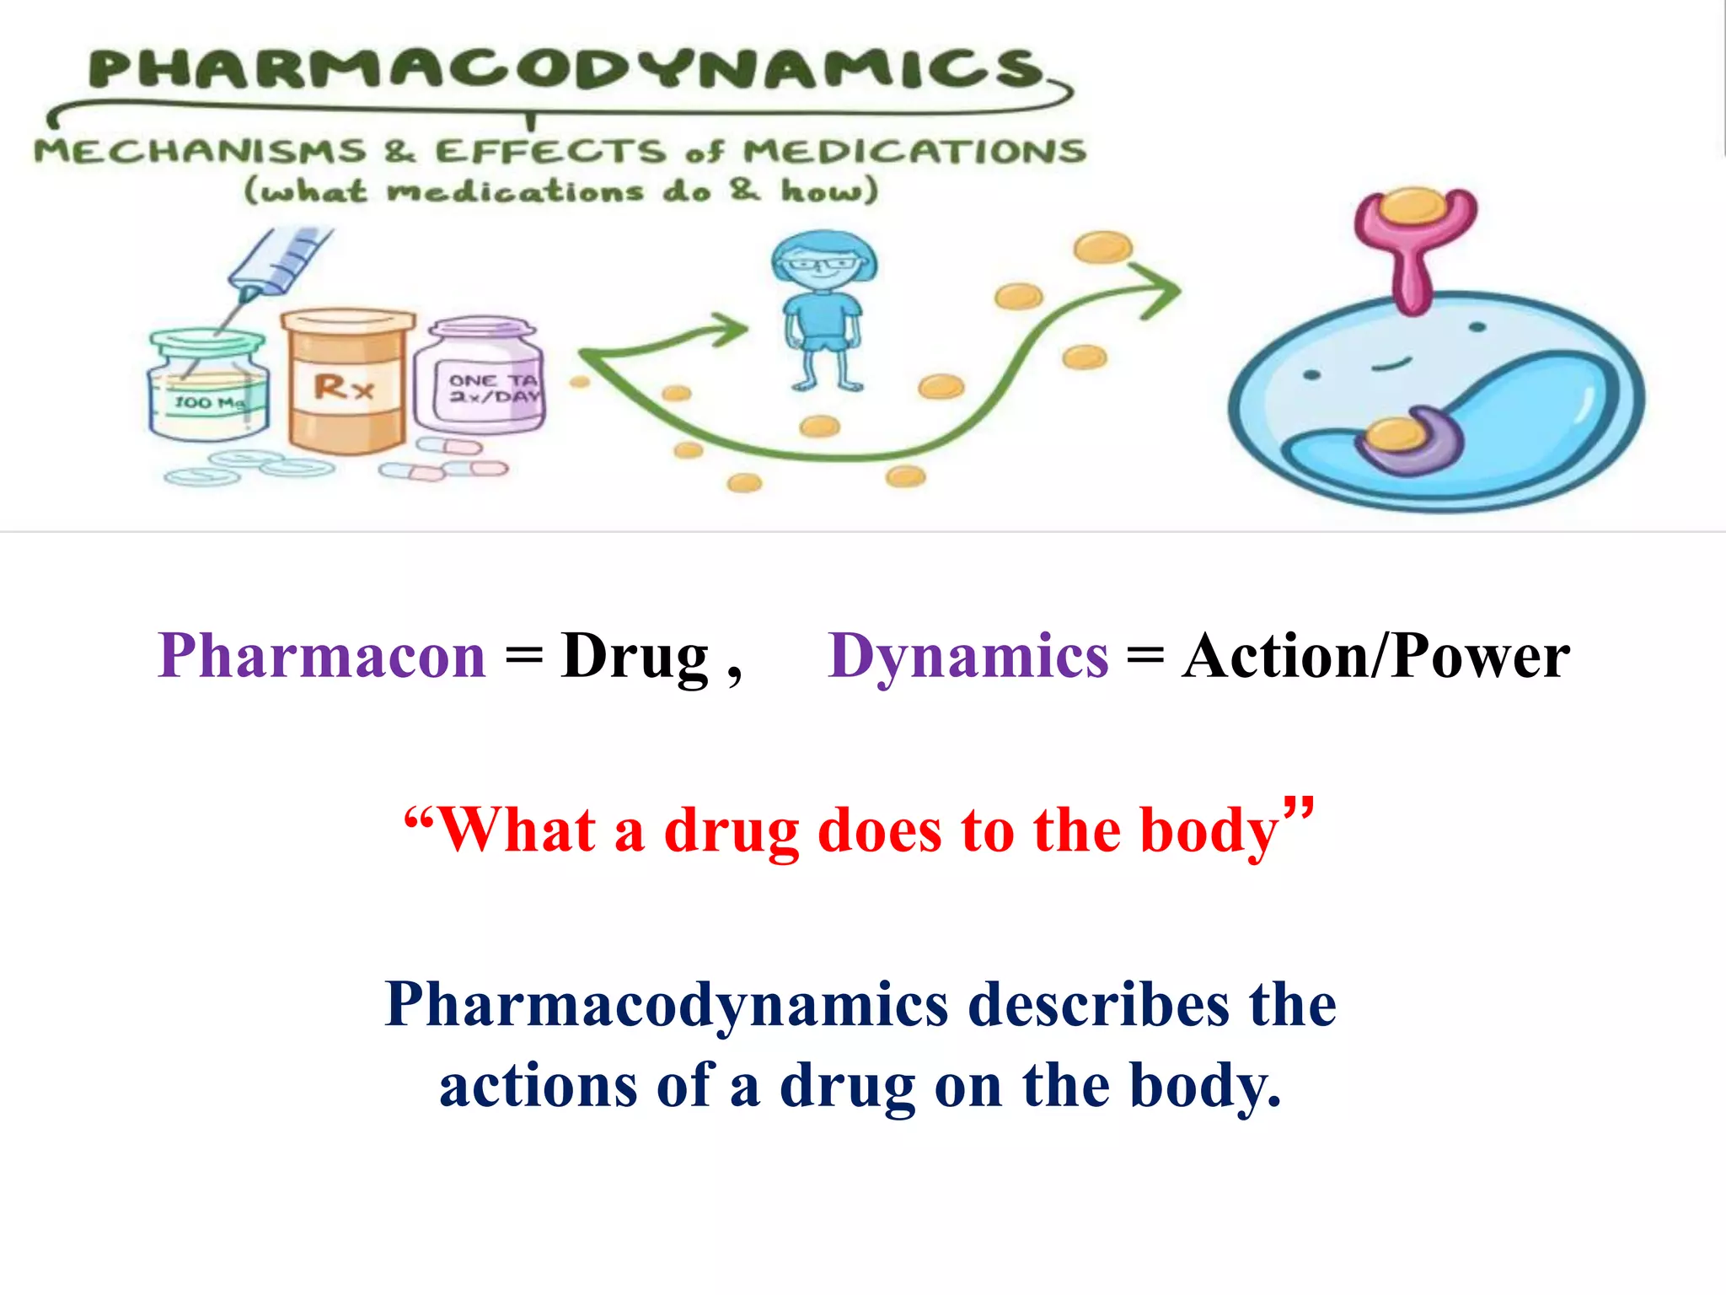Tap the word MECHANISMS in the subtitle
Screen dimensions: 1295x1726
(201, 152)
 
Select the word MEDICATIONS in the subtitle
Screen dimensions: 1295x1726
(914, 152)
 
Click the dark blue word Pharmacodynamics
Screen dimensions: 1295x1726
(666, 1005)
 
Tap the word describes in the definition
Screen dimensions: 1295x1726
(1099, 1005)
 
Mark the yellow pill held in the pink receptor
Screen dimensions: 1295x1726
(1414, 205)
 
